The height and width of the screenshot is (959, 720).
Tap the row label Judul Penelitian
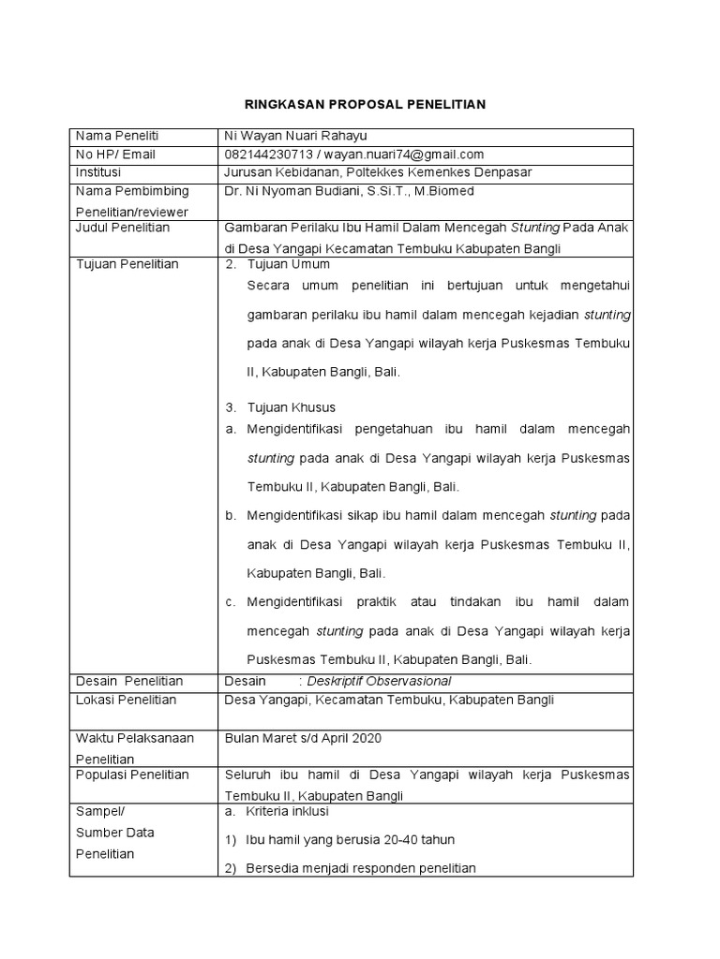(122, 228)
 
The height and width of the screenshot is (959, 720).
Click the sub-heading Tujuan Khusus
(291, 407)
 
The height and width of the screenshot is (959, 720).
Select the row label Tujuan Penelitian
(127, 264)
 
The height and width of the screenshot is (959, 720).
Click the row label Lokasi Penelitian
(126, 700)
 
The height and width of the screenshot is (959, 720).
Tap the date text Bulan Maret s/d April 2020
(304, 738)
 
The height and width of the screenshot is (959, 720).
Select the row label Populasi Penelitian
(131, 775)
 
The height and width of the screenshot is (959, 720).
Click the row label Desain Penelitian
(128, 681)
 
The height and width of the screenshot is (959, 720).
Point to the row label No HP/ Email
(115, 155)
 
